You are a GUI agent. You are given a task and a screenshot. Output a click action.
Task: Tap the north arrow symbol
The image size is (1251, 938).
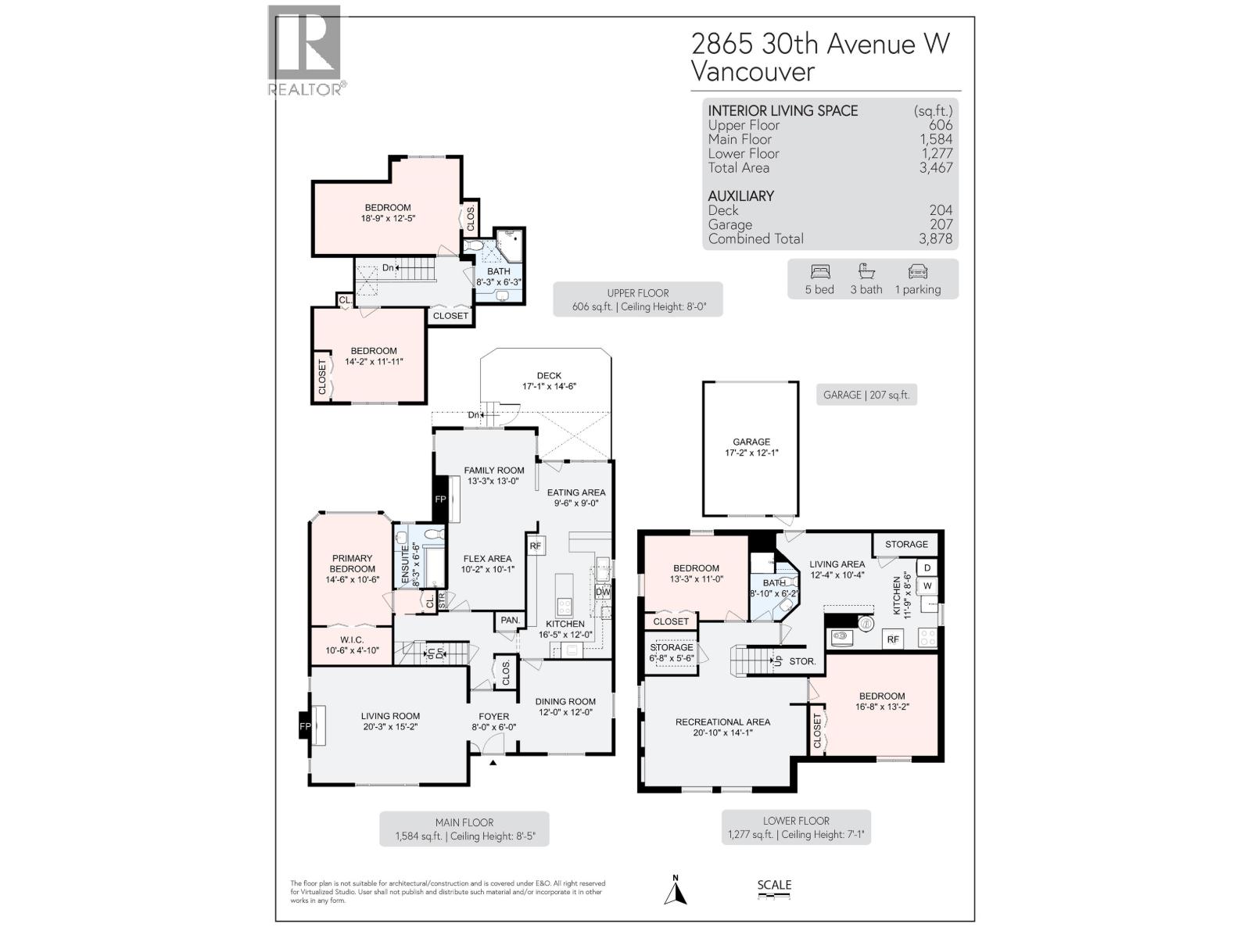[x=676, y=891]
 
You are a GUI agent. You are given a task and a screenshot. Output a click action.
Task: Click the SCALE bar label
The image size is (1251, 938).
[x=774, y=886]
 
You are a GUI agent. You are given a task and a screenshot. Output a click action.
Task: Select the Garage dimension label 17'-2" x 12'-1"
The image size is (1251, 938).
[x=751, y=453]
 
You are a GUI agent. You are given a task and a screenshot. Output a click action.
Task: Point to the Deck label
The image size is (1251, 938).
[x=549, y=376]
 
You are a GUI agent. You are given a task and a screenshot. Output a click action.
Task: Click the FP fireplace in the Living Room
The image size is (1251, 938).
[x=305, y=727]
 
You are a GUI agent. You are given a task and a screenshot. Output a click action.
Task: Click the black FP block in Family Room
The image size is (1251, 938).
[x=440, y=499]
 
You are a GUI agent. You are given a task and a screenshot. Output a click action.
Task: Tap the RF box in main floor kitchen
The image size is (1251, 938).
[x=536, y=546]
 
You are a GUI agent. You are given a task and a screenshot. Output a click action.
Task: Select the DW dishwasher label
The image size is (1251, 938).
[x=602, y=593]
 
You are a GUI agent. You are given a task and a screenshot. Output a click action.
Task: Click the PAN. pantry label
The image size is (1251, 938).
[x=510, y=620]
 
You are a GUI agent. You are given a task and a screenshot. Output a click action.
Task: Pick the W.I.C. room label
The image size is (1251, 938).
[x=352, y=640]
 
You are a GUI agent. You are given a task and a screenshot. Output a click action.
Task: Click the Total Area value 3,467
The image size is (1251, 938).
[x=936, y=167]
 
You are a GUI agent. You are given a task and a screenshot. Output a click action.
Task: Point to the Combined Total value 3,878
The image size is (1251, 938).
[x=935, y=239]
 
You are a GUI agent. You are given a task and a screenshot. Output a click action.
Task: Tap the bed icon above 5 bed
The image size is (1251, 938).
[x=819, y=272]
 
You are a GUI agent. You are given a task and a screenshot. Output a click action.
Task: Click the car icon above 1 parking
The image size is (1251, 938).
[x=918, y=272]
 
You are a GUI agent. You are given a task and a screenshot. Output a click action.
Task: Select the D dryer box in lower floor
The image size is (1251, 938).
[x=927, y=567]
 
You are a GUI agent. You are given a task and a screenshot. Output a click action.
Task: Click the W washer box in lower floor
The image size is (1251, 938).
[x=927, y=585]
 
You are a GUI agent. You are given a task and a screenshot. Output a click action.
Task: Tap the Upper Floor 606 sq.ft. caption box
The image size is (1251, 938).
[x=637, y=299]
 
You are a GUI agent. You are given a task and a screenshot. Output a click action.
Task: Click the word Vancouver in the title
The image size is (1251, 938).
[x=752, y=72]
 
